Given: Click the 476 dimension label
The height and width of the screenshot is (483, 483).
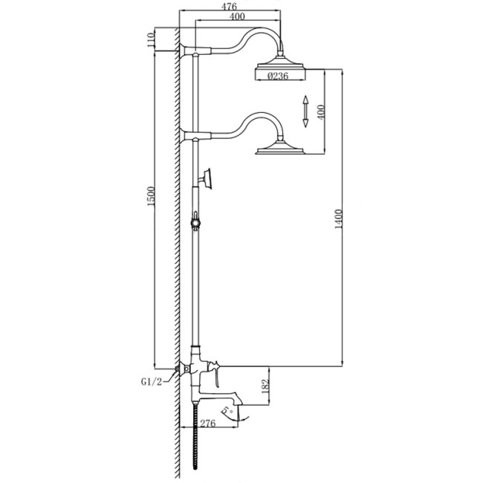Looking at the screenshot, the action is [x=229, y=6].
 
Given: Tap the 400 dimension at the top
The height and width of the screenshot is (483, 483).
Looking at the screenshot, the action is [x=237, y=16].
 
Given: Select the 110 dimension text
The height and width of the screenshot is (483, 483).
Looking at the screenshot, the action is [x=151, y=39].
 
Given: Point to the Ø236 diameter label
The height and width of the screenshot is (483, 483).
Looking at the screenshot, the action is [x=278, y=76].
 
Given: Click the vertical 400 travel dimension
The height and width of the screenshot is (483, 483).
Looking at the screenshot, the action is [x=321, y=112].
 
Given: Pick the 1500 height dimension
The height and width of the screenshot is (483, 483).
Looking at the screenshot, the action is [x=151, y=196].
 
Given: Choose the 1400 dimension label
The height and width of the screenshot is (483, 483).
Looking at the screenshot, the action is [x=339, y=219].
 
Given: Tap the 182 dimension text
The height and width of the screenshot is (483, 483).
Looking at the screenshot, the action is [x=265, y=386].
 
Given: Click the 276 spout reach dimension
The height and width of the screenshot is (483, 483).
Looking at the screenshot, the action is [x=208, y=424].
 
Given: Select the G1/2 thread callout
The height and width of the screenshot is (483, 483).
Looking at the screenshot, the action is [x=152, y=382].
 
